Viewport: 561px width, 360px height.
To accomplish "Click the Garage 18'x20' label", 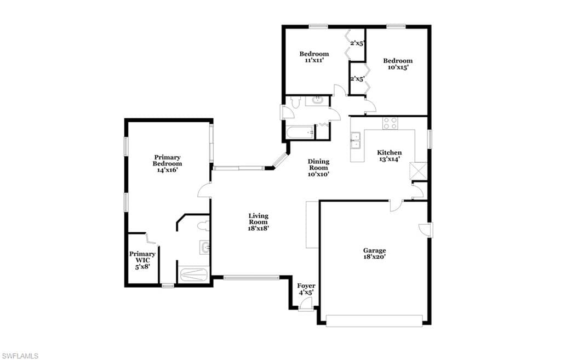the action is point(375,253).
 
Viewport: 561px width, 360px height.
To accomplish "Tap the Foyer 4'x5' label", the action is point(306,289).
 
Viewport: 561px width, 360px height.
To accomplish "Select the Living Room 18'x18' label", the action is point(259,222).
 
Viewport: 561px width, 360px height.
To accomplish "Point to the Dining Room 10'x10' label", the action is point(318,168).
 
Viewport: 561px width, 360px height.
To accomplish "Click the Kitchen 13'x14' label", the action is point(390,156).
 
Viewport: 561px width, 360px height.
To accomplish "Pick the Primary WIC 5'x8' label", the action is point(142,260).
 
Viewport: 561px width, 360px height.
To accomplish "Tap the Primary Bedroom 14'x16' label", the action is point(168,163).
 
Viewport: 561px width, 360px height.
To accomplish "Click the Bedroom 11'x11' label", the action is point(314,57).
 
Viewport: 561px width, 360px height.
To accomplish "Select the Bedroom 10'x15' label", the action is point(398,64).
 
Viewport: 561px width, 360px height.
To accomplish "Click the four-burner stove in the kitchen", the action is point(390,123).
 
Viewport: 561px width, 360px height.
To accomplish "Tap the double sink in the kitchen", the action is point(356,140).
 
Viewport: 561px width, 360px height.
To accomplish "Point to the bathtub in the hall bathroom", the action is point(300,133).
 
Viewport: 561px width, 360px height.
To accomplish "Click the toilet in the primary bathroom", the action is point(203,226).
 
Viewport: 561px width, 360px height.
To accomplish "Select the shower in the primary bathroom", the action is point(193,275).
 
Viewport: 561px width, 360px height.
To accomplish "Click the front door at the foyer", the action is point(305,305).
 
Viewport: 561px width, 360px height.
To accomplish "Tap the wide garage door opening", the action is point(374,321).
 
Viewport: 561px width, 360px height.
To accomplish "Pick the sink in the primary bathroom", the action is point(204,247).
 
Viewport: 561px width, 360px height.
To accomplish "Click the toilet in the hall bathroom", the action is point(295,102).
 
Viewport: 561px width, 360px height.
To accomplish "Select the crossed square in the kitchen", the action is point(418,171).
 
